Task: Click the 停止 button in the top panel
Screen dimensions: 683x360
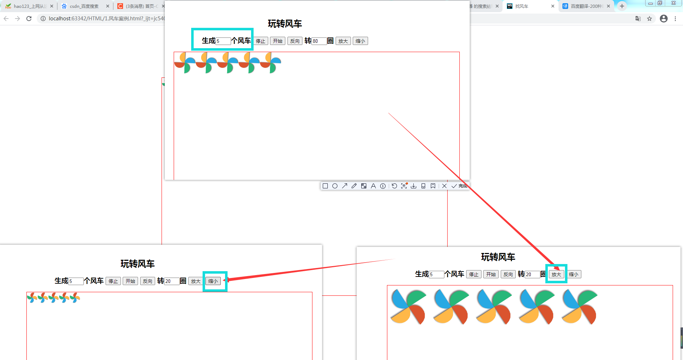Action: point(261,41)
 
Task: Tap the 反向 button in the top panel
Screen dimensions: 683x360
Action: point(295,41)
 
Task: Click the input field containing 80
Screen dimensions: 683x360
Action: point(319,41)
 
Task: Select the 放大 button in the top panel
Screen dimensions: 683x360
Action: point(343,41)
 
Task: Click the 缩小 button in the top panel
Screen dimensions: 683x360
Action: point(360,41)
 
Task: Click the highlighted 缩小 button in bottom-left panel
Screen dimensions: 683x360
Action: point(213,281)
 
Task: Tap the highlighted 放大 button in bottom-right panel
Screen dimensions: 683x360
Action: point(556,274)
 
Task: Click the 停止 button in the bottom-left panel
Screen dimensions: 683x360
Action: point(113,281)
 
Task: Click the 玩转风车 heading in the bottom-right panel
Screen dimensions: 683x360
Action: point(498,257)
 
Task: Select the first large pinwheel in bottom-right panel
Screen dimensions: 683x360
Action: point(408,306)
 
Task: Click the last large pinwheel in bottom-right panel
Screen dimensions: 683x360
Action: point(579,306)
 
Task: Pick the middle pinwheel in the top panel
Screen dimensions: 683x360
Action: point(228,63)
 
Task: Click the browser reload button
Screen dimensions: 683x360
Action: point(29,19)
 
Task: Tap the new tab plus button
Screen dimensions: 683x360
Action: point(622,6)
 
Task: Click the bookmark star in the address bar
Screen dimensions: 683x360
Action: point(649,19)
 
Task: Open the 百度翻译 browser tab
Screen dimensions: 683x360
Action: point(585,6)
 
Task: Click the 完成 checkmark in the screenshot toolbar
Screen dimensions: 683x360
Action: point(459,186)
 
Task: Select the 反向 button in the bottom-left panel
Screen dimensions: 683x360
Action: point(148,281)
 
